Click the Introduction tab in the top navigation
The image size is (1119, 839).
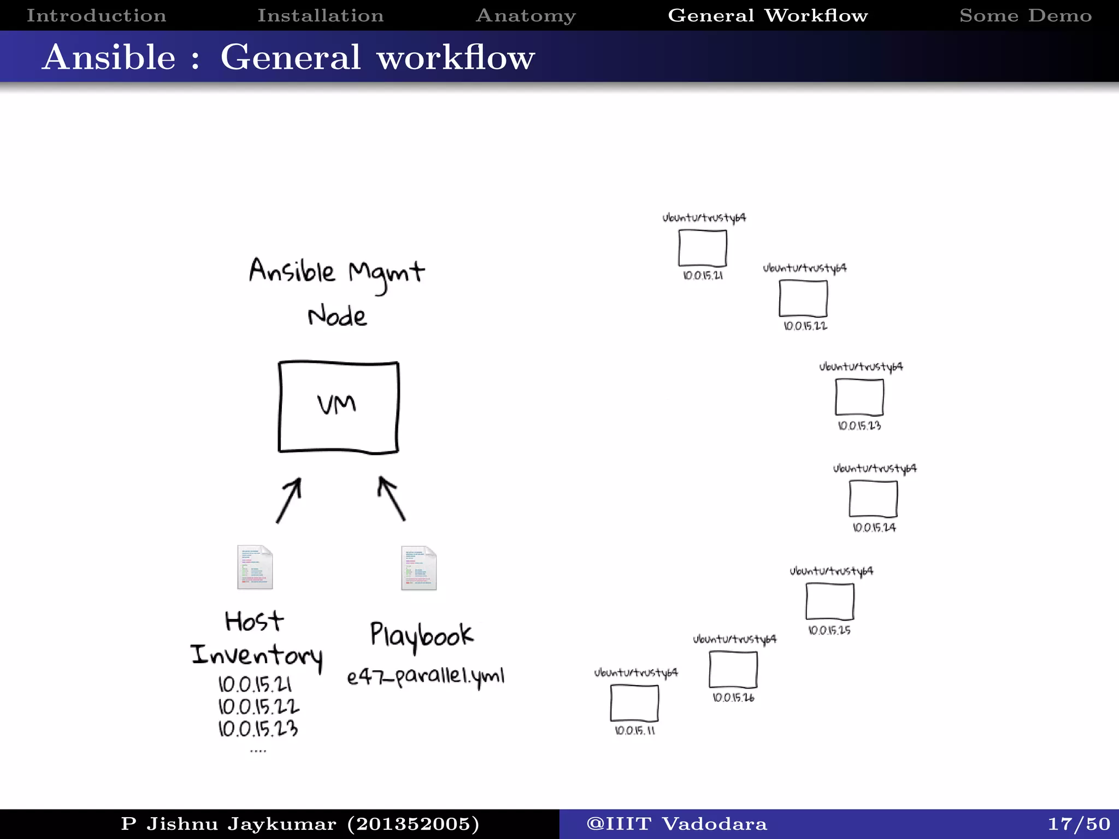[x=96, y=15]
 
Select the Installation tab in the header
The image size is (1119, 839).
[x=320, y=15]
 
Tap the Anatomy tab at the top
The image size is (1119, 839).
[x=526, y=15]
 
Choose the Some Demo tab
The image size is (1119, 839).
[x=1026, y=15]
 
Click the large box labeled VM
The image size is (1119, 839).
[x=338, y=407]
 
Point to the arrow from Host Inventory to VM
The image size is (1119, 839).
[x=288, y=500]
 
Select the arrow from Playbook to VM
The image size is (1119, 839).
[x=392, y=499]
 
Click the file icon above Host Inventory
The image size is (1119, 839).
[x=255, y=567]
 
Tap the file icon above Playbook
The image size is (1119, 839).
[x=419, y=568]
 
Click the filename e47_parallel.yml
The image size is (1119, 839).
[x=426, y=677]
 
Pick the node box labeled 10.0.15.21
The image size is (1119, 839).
[x=703, y=248]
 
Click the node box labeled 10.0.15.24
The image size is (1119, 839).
[x=873, y=499]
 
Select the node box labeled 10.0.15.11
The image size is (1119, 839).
[x=634, y=704]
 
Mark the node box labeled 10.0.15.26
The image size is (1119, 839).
[x=733, y=670]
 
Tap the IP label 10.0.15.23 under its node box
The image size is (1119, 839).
[x=859, y=426]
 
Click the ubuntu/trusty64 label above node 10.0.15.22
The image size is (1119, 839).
[x=805, y=268]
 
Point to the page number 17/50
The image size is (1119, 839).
[x=1079, y=824]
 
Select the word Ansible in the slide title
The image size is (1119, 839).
[x=109, y=57]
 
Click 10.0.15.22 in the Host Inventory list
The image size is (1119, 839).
[x=258, y=707]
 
